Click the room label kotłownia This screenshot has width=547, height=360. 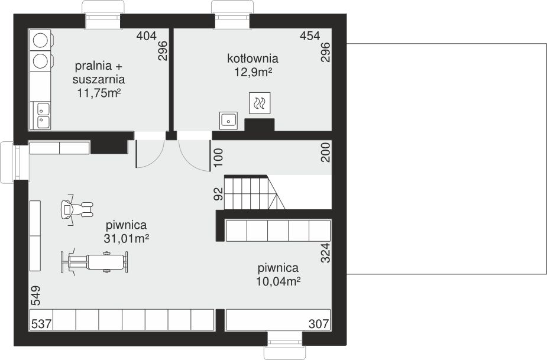tap(253, 59)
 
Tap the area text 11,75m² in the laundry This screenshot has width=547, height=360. tap(99, 93)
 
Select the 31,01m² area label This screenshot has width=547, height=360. tap(127, 239)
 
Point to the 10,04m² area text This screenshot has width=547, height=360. tap(279, 281)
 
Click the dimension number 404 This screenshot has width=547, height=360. tap(147, 35)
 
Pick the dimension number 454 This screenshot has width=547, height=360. tap(310, 35)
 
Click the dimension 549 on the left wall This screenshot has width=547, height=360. tap(35, 296)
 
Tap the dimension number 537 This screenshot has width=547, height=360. tap(41, 324)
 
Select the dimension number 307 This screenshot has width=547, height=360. tap(319, 324)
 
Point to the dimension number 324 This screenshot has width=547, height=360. tap(325, 253)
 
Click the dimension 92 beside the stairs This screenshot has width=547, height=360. tap(218, 194)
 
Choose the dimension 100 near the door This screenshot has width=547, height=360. tap(218, 158)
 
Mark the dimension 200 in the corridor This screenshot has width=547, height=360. tap(325, 152)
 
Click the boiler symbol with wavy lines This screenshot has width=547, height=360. tap(260, 103)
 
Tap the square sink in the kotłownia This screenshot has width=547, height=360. tap(228, 121)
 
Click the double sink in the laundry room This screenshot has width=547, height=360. tap(44, 115)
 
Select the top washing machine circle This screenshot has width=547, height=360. tap(40, 40)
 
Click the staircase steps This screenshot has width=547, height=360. tap(254, 193)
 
